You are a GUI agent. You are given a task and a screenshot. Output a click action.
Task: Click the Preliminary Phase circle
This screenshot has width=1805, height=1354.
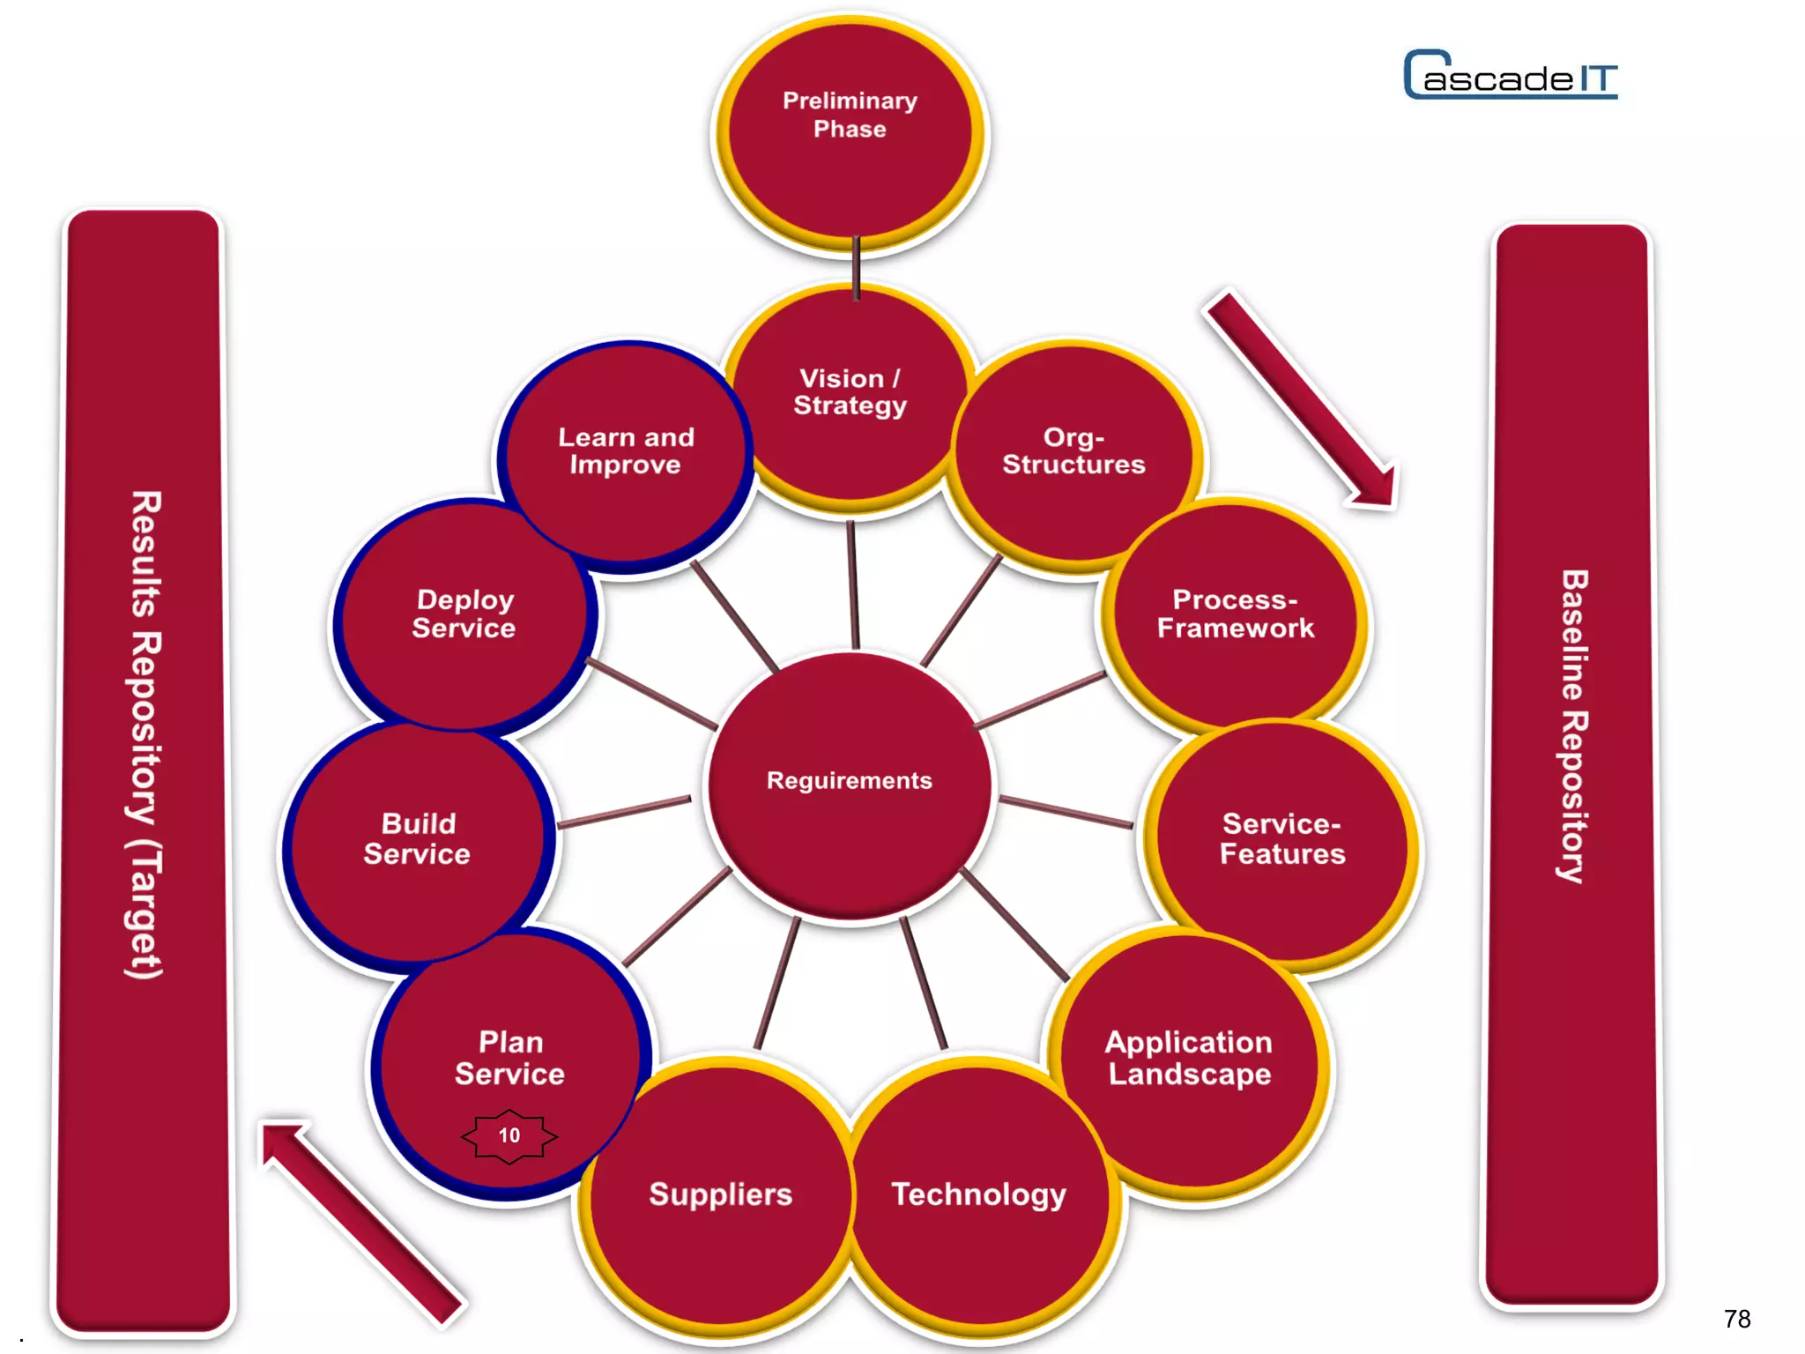coord(850,132)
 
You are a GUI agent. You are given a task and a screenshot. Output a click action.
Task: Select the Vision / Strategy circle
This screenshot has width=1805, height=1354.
coord(850,397)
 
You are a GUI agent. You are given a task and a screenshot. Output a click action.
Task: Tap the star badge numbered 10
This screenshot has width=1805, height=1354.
coord(509,1135)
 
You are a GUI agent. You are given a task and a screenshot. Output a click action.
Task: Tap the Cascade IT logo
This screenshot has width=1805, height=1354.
coord(1511,76)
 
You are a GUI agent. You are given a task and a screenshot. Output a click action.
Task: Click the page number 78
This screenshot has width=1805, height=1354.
coord(1737,1319)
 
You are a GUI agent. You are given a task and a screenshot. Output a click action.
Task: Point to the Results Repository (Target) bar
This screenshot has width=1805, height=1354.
coord(143,767)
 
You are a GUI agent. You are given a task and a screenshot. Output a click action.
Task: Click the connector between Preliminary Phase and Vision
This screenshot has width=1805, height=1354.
coord(856,267)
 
